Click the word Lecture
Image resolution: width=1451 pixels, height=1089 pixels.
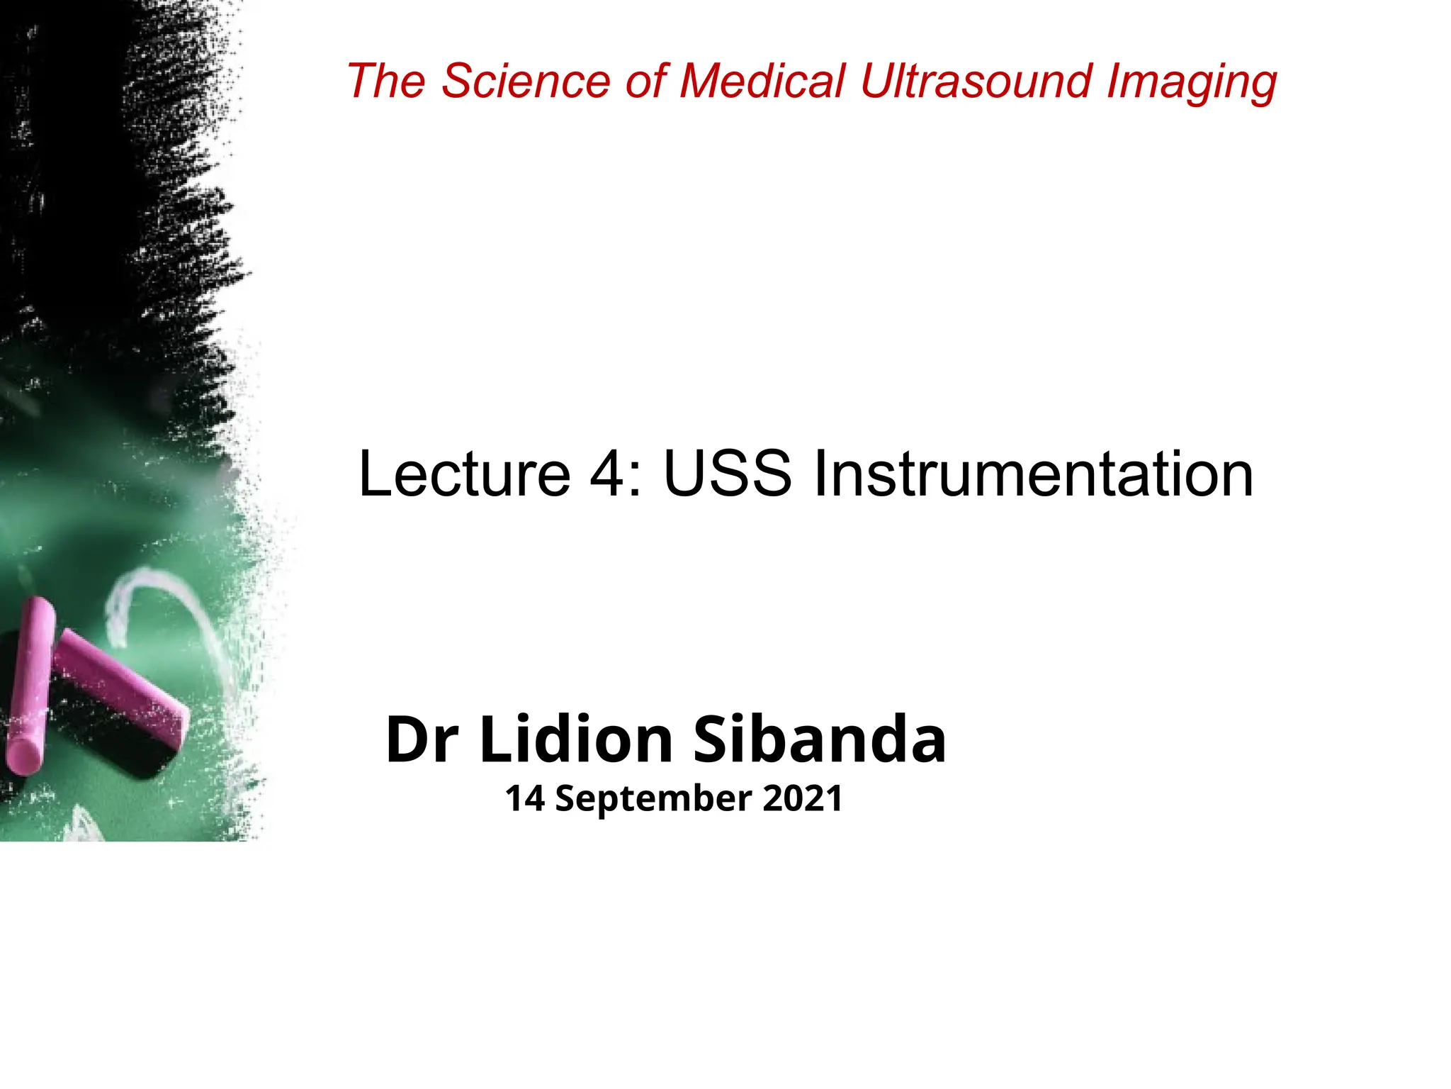tap(464, 474)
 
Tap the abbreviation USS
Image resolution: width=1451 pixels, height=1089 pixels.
tap(726, 474)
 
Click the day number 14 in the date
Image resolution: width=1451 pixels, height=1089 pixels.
tap(524, 798)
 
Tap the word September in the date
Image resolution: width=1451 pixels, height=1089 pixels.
tap(653, 800)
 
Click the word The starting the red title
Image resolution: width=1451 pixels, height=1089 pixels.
tap(385, 81)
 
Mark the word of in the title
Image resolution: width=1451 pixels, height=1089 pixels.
tap(645, 81)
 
